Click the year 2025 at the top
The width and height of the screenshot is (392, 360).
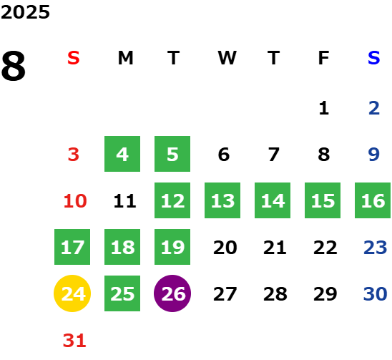coord(25,12)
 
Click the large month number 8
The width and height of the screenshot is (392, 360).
coord(14,66)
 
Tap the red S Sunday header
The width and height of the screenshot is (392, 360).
coord(74,58)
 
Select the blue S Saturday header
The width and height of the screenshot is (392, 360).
coord(373,58)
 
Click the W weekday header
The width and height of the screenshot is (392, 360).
coord(227,58)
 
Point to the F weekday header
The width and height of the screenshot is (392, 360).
coord(324,58)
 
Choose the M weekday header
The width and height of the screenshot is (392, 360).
coord(125,58)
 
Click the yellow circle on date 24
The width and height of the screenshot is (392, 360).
coord(72,293)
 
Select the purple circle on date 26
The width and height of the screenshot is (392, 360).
coord(172,293)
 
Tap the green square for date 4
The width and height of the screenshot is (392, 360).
coord(122,154)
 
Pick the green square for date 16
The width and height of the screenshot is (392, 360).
coord(373,200)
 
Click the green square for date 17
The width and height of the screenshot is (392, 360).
coord(72,247)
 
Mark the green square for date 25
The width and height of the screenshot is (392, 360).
coord(122,293)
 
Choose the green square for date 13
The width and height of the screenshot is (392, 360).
coord(222,200)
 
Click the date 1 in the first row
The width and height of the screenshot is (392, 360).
coord(324,108)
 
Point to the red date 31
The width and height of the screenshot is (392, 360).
coord(74,341)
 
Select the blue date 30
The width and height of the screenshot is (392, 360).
coord(375,293)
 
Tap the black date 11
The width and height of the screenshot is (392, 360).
coord(124,201)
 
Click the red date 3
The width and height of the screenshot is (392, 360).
coord(74,155)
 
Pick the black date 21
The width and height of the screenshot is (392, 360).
coord(275,248)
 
